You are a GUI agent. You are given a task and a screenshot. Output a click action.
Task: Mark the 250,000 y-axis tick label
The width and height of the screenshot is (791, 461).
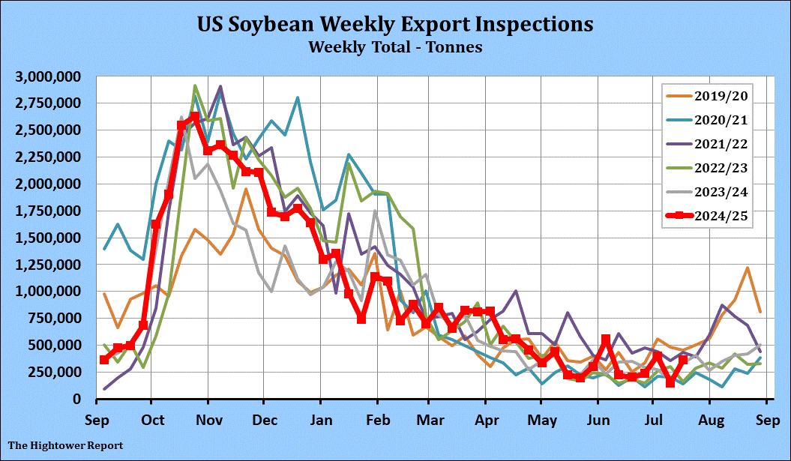click(56, 372)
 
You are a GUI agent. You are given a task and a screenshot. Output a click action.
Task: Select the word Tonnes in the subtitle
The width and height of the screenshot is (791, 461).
click(450, 46)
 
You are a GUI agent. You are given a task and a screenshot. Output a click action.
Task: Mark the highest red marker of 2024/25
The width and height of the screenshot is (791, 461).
click(195, 117)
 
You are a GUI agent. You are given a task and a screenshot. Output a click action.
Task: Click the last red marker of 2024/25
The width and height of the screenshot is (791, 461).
click(683, 360)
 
